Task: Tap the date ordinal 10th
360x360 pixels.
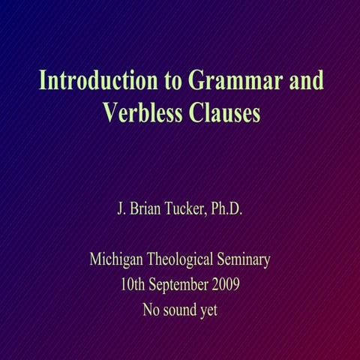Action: [x=132, y=285]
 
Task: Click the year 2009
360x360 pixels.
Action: [x=226, y=285]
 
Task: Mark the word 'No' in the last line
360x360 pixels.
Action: [x=151, y=309]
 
